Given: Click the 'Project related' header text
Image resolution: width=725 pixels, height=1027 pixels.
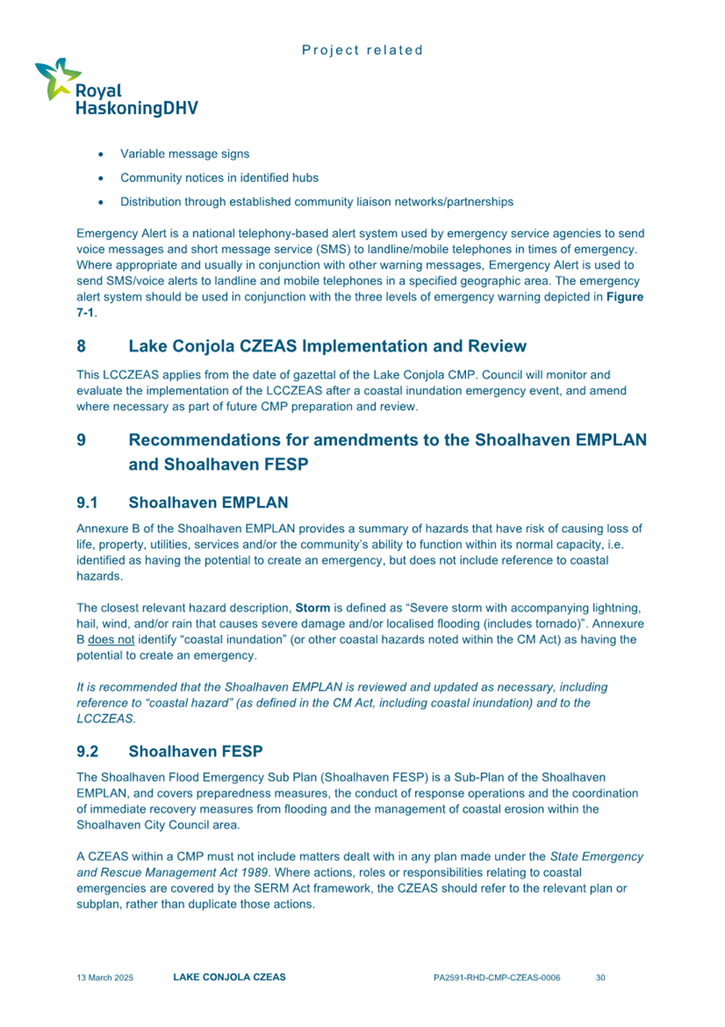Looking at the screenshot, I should pyautogui.click(x=362, y=50).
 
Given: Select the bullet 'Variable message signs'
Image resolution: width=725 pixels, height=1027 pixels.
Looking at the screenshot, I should pyautogui.click(x=184, y=153).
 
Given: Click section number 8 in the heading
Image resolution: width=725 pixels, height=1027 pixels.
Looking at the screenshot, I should pyautogui.click(x=81, y=347).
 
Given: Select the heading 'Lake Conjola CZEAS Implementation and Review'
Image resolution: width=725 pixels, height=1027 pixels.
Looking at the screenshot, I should pyautogui.click(x=327, y=347).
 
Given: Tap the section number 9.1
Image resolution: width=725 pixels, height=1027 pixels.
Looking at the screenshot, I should pyautogui.click(x=87, y=503).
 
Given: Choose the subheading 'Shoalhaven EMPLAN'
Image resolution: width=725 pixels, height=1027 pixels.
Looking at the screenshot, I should pyautogui.click(x=207, y=503).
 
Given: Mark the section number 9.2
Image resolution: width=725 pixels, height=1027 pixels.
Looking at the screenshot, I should pyautogui.click(x=87, y=752).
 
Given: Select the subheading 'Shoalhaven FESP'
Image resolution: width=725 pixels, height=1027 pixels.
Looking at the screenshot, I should pyautogui.click(x=195, y=752).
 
